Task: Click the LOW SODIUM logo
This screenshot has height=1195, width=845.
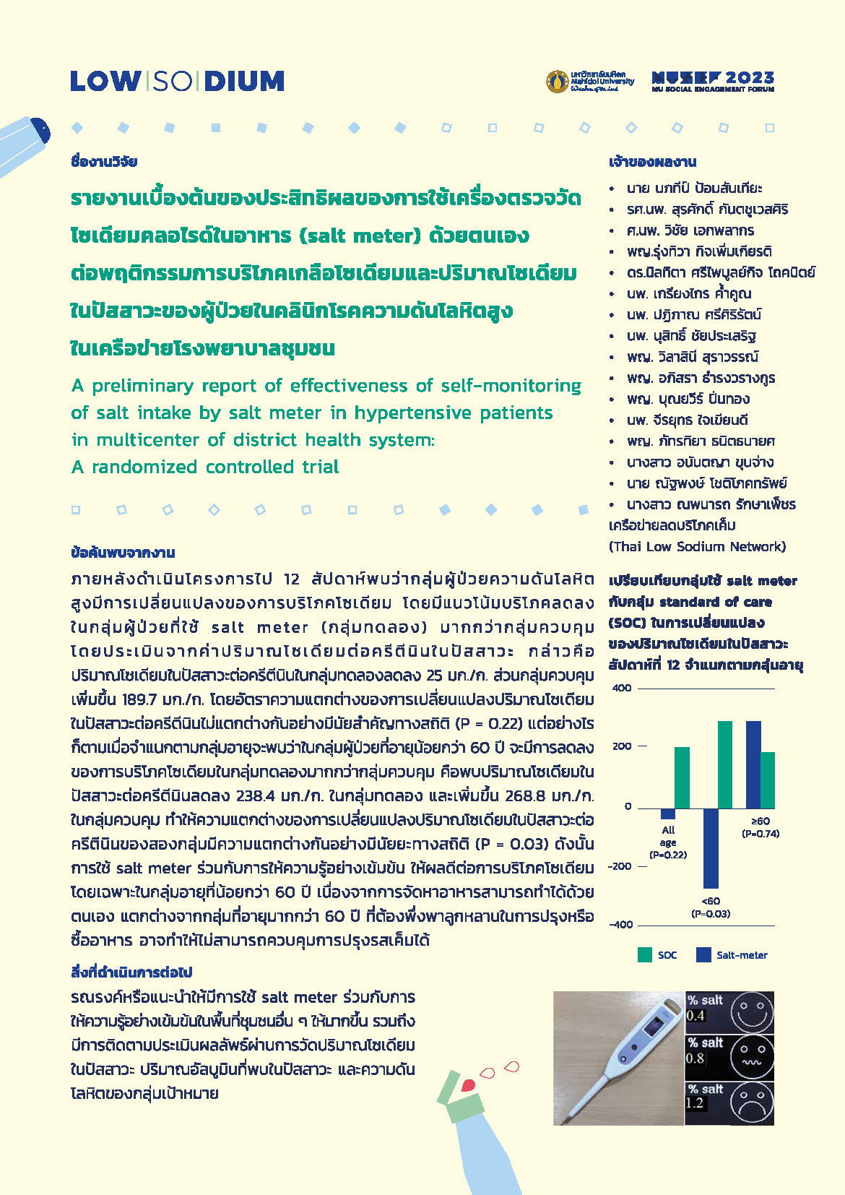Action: pyautogui.click(x=177, y=81)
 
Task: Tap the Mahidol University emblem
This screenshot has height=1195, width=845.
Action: pyautogui.click(x=557, y=82)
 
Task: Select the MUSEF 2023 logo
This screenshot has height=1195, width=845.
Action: pyautogui.click(x=712, y=81)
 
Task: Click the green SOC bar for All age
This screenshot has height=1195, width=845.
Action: pyautogui.click(x=682, y=777)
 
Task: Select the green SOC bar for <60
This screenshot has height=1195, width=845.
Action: pyautogui.click(x=725, y=764)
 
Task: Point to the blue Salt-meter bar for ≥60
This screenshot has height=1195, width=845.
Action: pyautogui.click(x=753, y=764)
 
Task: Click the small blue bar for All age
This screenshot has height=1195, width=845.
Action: pyautogui.click(x=668, y=814)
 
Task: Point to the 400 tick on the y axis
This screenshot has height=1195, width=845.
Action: pyautogui.click(x=622, y=688)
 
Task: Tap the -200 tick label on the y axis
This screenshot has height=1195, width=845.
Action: pyautogui.click(x=620, y=866)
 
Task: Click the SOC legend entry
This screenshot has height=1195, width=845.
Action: pyautogui.click(x=657, y=955)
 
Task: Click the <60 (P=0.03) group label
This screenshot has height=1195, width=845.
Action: pyautogui.click(x=711, y=907)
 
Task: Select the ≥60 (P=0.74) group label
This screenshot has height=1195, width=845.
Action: pyautogui.click(x=760, y=827)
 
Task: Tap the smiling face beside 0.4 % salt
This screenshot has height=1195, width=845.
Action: pyautogui.click(x=751, y=1011)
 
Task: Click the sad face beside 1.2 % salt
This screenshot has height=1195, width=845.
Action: pyautogui.click(x=751, y=1103)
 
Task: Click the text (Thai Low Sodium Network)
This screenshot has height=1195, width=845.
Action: pyautogui.click(x=697, y=547)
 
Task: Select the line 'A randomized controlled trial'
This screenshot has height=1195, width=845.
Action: pyautogui.click(x=205, y=467)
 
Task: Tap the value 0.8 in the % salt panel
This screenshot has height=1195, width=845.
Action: pyautogui.click(x=695, y=1058)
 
